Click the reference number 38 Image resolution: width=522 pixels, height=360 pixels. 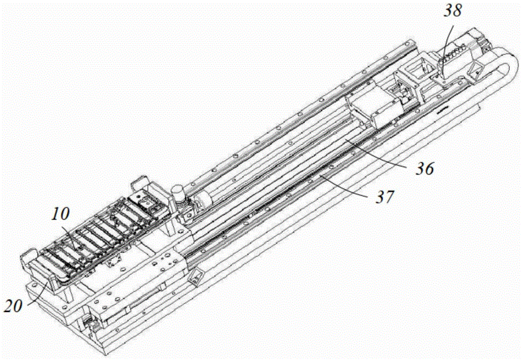[x=453, y=10]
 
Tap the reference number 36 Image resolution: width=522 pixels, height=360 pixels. [x=424, y=169]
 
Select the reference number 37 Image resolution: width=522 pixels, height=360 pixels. [x=384, y=198]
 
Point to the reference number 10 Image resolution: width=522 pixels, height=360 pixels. [x=60, y=214]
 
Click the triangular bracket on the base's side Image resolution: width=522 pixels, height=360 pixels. [x=196, y=276]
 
